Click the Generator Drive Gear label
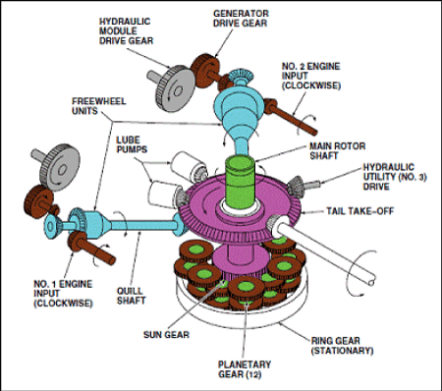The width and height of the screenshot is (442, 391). (241, 19)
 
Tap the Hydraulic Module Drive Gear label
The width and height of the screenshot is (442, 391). (126, 31)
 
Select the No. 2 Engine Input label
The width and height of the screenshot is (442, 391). (311, 76)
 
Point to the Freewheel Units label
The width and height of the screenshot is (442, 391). (98, 106)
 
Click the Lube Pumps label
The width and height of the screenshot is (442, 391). (132, 144)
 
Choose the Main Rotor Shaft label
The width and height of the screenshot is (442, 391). (337, 150)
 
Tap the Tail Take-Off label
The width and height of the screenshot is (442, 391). (359, 211)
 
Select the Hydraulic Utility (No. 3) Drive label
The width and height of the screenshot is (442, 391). (395, 177)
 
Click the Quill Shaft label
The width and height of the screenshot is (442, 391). (131, 296)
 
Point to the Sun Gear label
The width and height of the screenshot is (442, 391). (166, 335)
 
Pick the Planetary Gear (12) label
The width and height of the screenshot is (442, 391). (245, 369)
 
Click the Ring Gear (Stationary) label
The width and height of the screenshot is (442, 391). (342, 346)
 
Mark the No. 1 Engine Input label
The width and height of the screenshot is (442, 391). (63, 294)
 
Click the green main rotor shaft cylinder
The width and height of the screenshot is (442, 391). (241, 182)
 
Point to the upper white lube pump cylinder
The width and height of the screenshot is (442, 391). (186, 166)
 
